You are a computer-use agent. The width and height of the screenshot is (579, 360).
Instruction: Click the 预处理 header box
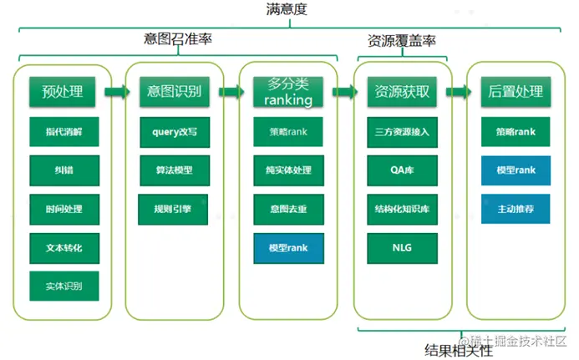[63, 92]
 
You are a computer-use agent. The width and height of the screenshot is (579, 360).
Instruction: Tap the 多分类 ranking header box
[288, 92]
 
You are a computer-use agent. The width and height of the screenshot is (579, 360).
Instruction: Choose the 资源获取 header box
[402, 92]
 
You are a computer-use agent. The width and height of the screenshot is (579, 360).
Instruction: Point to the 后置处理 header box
[516, 92]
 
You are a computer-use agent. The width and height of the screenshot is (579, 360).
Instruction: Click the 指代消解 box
[63, 132]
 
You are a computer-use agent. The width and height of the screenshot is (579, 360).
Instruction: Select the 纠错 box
[63, 170]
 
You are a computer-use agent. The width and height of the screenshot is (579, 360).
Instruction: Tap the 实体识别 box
[63, 286]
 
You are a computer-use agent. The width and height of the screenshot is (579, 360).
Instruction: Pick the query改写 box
[174, 132]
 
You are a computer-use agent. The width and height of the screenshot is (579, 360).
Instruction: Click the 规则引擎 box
[174, 209]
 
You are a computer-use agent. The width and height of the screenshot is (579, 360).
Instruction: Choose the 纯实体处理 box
[288, 170]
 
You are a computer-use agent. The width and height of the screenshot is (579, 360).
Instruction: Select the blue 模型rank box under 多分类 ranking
[288, 247]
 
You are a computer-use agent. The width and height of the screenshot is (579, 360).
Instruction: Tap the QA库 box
[402, 170]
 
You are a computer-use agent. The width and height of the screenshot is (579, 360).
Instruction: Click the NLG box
[402, 247]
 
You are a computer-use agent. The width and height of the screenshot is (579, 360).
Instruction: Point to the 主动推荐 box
[516, 209]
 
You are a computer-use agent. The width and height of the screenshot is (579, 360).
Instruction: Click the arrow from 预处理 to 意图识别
[119, 92]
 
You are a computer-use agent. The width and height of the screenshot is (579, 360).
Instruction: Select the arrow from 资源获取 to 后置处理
[459, 92]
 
